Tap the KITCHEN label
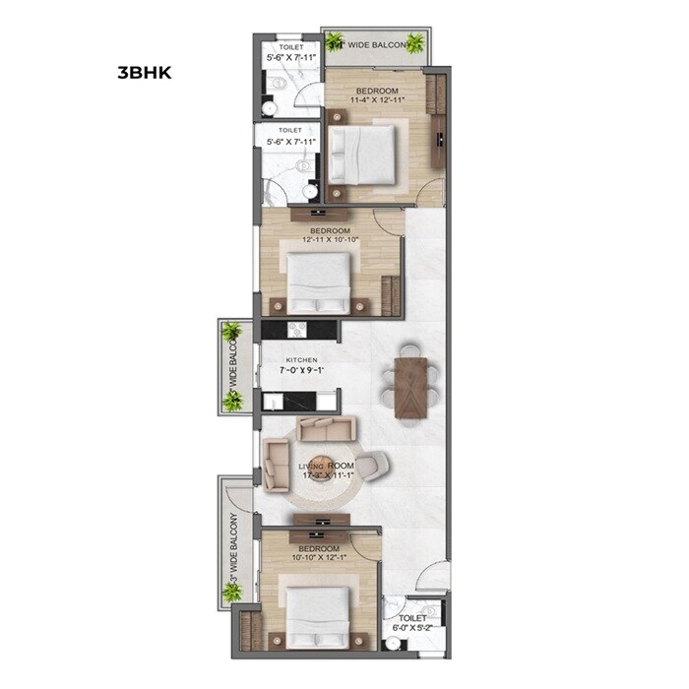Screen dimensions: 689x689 [302, 361]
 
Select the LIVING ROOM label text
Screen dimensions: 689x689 [327, 465]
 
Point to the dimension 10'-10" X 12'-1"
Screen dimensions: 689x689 [319, 558]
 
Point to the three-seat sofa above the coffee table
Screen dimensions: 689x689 [328, 429]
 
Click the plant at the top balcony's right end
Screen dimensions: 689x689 [416, 42]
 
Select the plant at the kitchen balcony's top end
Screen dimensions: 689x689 [231, 332]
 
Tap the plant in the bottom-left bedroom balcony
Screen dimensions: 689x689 [232, 592]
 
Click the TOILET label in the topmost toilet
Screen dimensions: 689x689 [291, 46]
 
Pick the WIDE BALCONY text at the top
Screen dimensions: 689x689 [378, 45]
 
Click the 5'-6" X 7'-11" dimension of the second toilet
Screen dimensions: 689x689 [291, 142]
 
